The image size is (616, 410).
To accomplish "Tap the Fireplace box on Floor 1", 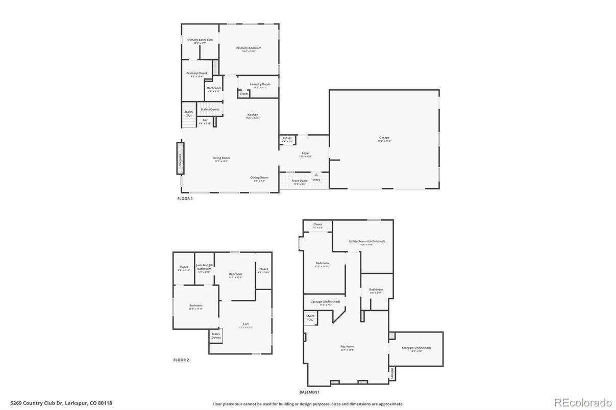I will pyautogui.click(x=180, y=159).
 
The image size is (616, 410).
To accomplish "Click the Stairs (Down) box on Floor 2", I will pyautogui.click(x=216, y=336).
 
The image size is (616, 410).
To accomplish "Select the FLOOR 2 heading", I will pyautogui.click(x=181, y=360).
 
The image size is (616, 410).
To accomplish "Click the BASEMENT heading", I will pyautogui.click(x=309, y=392).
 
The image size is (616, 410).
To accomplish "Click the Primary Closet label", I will pyautogui.click(x=196, y=73).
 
